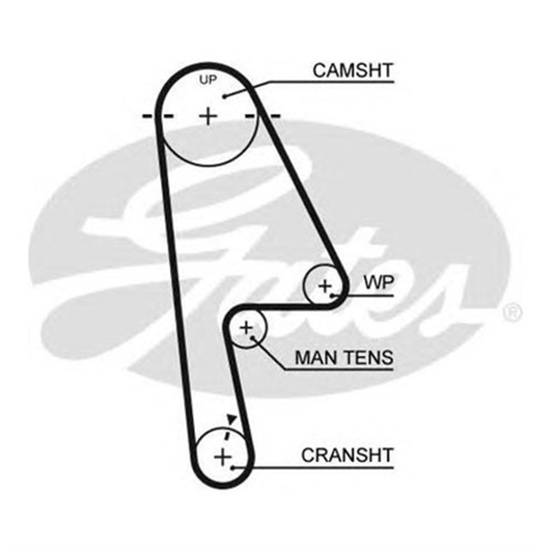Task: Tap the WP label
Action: [x=376, y=282]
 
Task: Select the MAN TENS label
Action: [x=344, y=357]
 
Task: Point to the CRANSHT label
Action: [x=346, y=455]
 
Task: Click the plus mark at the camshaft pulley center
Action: [x=208, y=114]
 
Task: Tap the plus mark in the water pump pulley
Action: [x=325, y=285]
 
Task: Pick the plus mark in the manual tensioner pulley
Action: [x=247, y=327]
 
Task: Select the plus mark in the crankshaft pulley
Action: [x=222, y=455]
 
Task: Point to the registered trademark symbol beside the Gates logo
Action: [x=513, y=312]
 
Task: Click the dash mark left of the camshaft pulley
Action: [x=148, y=115]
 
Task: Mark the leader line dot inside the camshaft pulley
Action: [x=225, y=96]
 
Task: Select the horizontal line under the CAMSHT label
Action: [x=335, y=82]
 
